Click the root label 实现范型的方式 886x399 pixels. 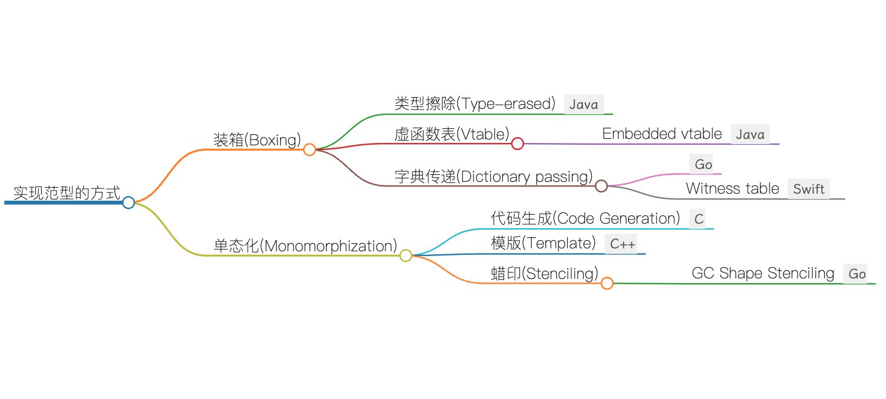[x=67, y=192]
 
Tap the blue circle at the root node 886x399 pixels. [x=129, y=202]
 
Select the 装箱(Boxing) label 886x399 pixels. [x=257, y=140]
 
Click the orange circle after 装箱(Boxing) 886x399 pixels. [x=310, y=149]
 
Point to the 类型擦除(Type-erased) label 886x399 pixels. [x=475, y=104]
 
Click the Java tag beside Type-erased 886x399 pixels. [x=584, y=105]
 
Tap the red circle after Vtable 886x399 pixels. [x=518, y=143]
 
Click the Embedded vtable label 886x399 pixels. [x=662, y=134]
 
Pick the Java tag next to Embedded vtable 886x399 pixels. [x=750, y=135]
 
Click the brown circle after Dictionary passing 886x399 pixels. [x=601, y=186]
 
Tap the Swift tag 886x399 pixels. [x=809, y=189]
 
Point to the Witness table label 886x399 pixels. [x=732, y=189]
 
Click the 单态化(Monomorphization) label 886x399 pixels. [x=305, y=246]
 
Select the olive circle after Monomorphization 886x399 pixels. [x=406, y=255]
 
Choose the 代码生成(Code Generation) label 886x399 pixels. [x=585, y=218]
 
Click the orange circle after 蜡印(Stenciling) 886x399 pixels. [x=607, y=283]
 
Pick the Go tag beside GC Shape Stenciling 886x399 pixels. [x=857, y=274]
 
